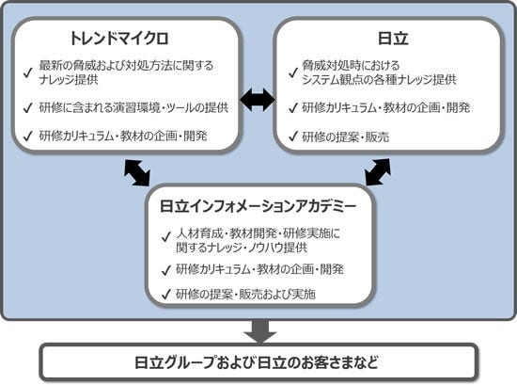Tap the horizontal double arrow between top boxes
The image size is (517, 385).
click(257, 99)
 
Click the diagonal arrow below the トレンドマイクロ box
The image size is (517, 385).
click(135, 172)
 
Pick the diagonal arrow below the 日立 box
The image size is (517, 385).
click(378, 172)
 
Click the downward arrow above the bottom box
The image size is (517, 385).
click(258, 330)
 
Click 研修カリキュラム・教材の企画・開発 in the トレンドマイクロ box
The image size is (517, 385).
click(123, 136)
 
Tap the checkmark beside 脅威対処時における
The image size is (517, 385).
click(291, 67)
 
